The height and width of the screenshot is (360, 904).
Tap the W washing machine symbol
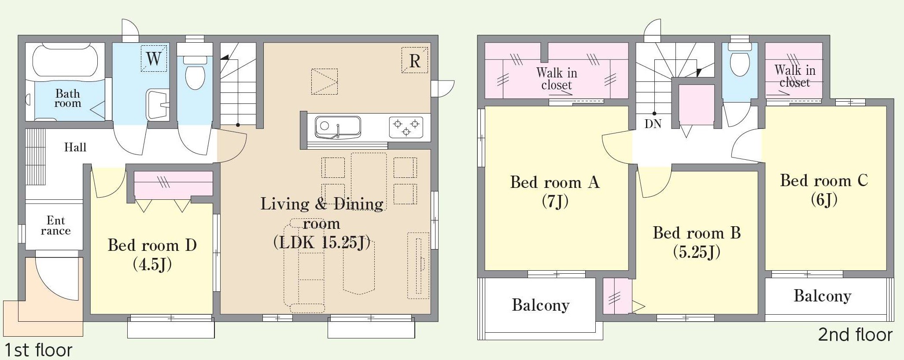tap(154, 58)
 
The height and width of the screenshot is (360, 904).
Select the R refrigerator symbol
tap(415, 60)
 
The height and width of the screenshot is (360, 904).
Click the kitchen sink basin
tap(338, 127)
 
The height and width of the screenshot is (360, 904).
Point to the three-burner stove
tap(406, 128)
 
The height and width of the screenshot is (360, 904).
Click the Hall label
tap(75, 147)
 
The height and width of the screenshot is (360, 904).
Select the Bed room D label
tap(152, 245)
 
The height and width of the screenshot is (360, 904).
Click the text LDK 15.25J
tap(321, 242)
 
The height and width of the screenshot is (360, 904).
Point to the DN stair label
tap(653, 124)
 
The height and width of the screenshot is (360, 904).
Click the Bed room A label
tap(555, 182)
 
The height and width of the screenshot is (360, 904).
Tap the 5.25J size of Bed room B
tap(697, 252)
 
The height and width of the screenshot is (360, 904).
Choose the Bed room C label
tap(824, 180)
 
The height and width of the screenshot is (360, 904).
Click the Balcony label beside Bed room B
tap(541, 305)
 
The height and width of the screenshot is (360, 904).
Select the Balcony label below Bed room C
tap(823, 295)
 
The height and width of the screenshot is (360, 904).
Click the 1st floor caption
tap(37, 350)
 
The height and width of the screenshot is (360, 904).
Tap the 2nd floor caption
tap(855, 335)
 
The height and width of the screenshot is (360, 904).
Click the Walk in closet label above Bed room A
tap(557, 78)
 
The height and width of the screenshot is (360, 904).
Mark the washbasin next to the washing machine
tap(157, 104)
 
